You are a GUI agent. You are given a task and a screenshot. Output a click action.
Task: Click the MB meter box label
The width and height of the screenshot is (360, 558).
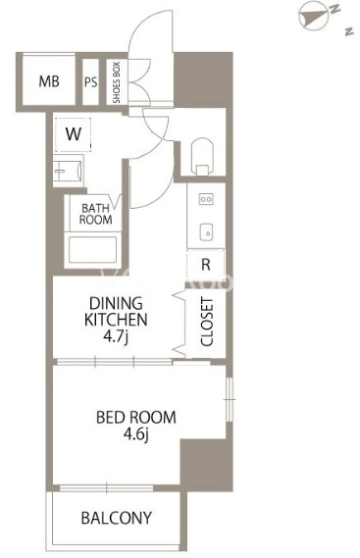pyautogui.click(x=49, y=81)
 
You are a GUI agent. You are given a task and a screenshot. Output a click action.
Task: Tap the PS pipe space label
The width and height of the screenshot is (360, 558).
pyautogui.click(x=91, y=82)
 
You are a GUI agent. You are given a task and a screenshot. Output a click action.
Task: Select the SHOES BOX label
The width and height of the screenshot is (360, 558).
pyautogui.click(x=117, y=82)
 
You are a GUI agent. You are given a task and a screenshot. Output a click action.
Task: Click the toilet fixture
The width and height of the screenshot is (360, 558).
pyautogui.click(x=202, y=156)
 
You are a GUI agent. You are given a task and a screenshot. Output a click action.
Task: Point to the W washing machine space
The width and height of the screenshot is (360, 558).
pyautogui.click(x=74, y=134)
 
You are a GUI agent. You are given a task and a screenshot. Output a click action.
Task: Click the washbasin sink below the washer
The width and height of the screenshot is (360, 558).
pyautogui.click(x=69, y=171)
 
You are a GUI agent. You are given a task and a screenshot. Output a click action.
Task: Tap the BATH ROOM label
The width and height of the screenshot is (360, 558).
pyautogui.click(x=95, y=214)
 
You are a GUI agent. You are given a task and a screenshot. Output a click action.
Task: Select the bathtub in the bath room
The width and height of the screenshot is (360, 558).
pyautogui.click(x=92, y=249)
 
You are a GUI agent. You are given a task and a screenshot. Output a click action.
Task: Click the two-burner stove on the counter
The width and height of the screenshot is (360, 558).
pyautogui.click(x=206, y=199)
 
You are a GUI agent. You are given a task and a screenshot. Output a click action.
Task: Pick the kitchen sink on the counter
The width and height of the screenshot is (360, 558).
pyautogui.click(x=206, y=231)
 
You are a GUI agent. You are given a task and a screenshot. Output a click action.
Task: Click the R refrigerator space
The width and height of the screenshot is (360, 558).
pyautogui.click(x=206, y=265)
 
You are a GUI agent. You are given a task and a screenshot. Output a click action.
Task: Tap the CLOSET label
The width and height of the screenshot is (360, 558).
pyautogui.click(x=207, y=322)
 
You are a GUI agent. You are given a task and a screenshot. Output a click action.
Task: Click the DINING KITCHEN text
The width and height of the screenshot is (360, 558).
pyautogui.click(x=116, y=312)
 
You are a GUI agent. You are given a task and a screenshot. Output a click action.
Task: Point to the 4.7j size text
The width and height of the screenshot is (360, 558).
pyautogui.click(x=116, y=336)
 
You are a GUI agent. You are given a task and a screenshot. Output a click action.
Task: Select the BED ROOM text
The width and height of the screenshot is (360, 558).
pyautogui.click(x=136, y=417)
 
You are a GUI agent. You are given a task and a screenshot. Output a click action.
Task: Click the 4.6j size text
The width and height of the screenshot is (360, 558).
pyautogui.click(x=136, y=434)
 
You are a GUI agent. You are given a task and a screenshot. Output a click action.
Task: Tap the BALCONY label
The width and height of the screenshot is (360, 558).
pyautogui.click(x=117, y=518)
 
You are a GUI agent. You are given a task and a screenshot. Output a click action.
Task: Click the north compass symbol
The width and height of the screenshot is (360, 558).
pyautogui.click(x=313, y=16)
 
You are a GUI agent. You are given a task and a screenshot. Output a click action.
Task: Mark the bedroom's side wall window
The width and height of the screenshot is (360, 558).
pyautogui.click(x=230, y=400)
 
